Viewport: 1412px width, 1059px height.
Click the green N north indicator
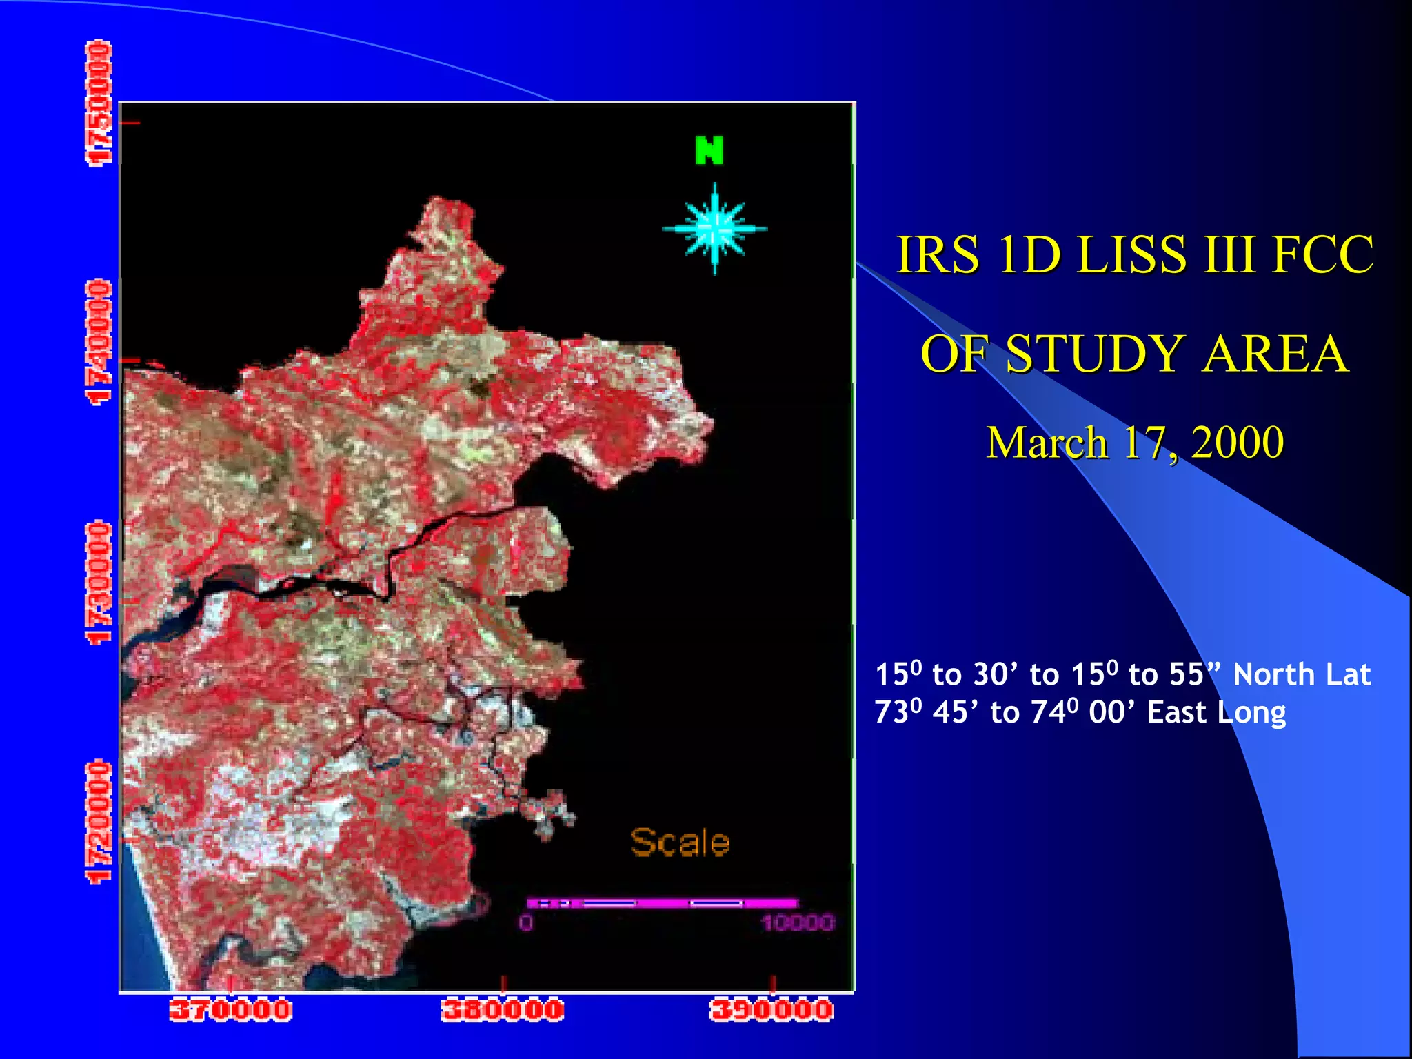[709, 150]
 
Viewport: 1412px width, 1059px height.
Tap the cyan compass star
[715, 228]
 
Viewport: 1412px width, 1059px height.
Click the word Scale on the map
[680, 843]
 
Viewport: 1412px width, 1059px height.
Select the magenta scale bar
[662, 902]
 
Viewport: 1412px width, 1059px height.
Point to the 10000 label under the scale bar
[798, 922]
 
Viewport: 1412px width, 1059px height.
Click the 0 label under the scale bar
[526, 922]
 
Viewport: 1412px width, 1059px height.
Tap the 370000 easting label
[231, 1011]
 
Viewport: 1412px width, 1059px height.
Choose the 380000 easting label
[503, 1011]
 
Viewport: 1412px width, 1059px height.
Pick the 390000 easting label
[771, 1011]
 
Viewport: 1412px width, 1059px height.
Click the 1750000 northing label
[98, 103]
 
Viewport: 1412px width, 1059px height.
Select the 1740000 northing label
[98, 342]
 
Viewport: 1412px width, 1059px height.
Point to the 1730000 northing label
[98, 583]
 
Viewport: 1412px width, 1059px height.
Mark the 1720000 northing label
[98, 822]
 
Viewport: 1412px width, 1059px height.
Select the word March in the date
[1047, 442]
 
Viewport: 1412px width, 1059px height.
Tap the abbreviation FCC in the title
[1323, 254]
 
